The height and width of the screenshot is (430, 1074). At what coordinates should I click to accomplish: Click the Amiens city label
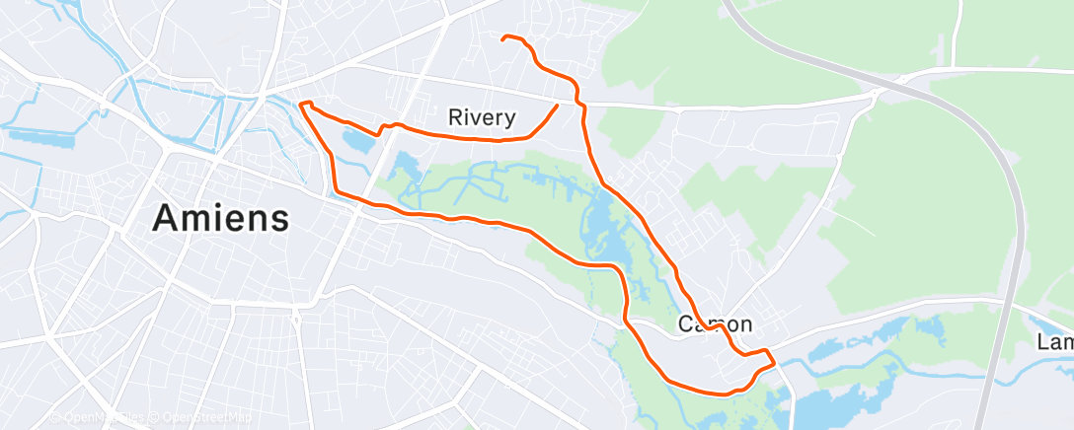(x=221, y=218)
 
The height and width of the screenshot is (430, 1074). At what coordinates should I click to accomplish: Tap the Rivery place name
(x=482, y=118)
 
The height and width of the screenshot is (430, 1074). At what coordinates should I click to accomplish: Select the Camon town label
(x=716, y=324)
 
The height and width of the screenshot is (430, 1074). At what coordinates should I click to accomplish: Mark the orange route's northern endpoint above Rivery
(x=503, y=38)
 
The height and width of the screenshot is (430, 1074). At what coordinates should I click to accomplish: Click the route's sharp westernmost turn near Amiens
(x=300, y=104)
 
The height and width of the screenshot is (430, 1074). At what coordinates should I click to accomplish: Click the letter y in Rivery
(x=508, y=120)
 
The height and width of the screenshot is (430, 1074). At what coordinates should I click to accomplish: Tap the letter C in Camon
(x=686, y=324)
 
